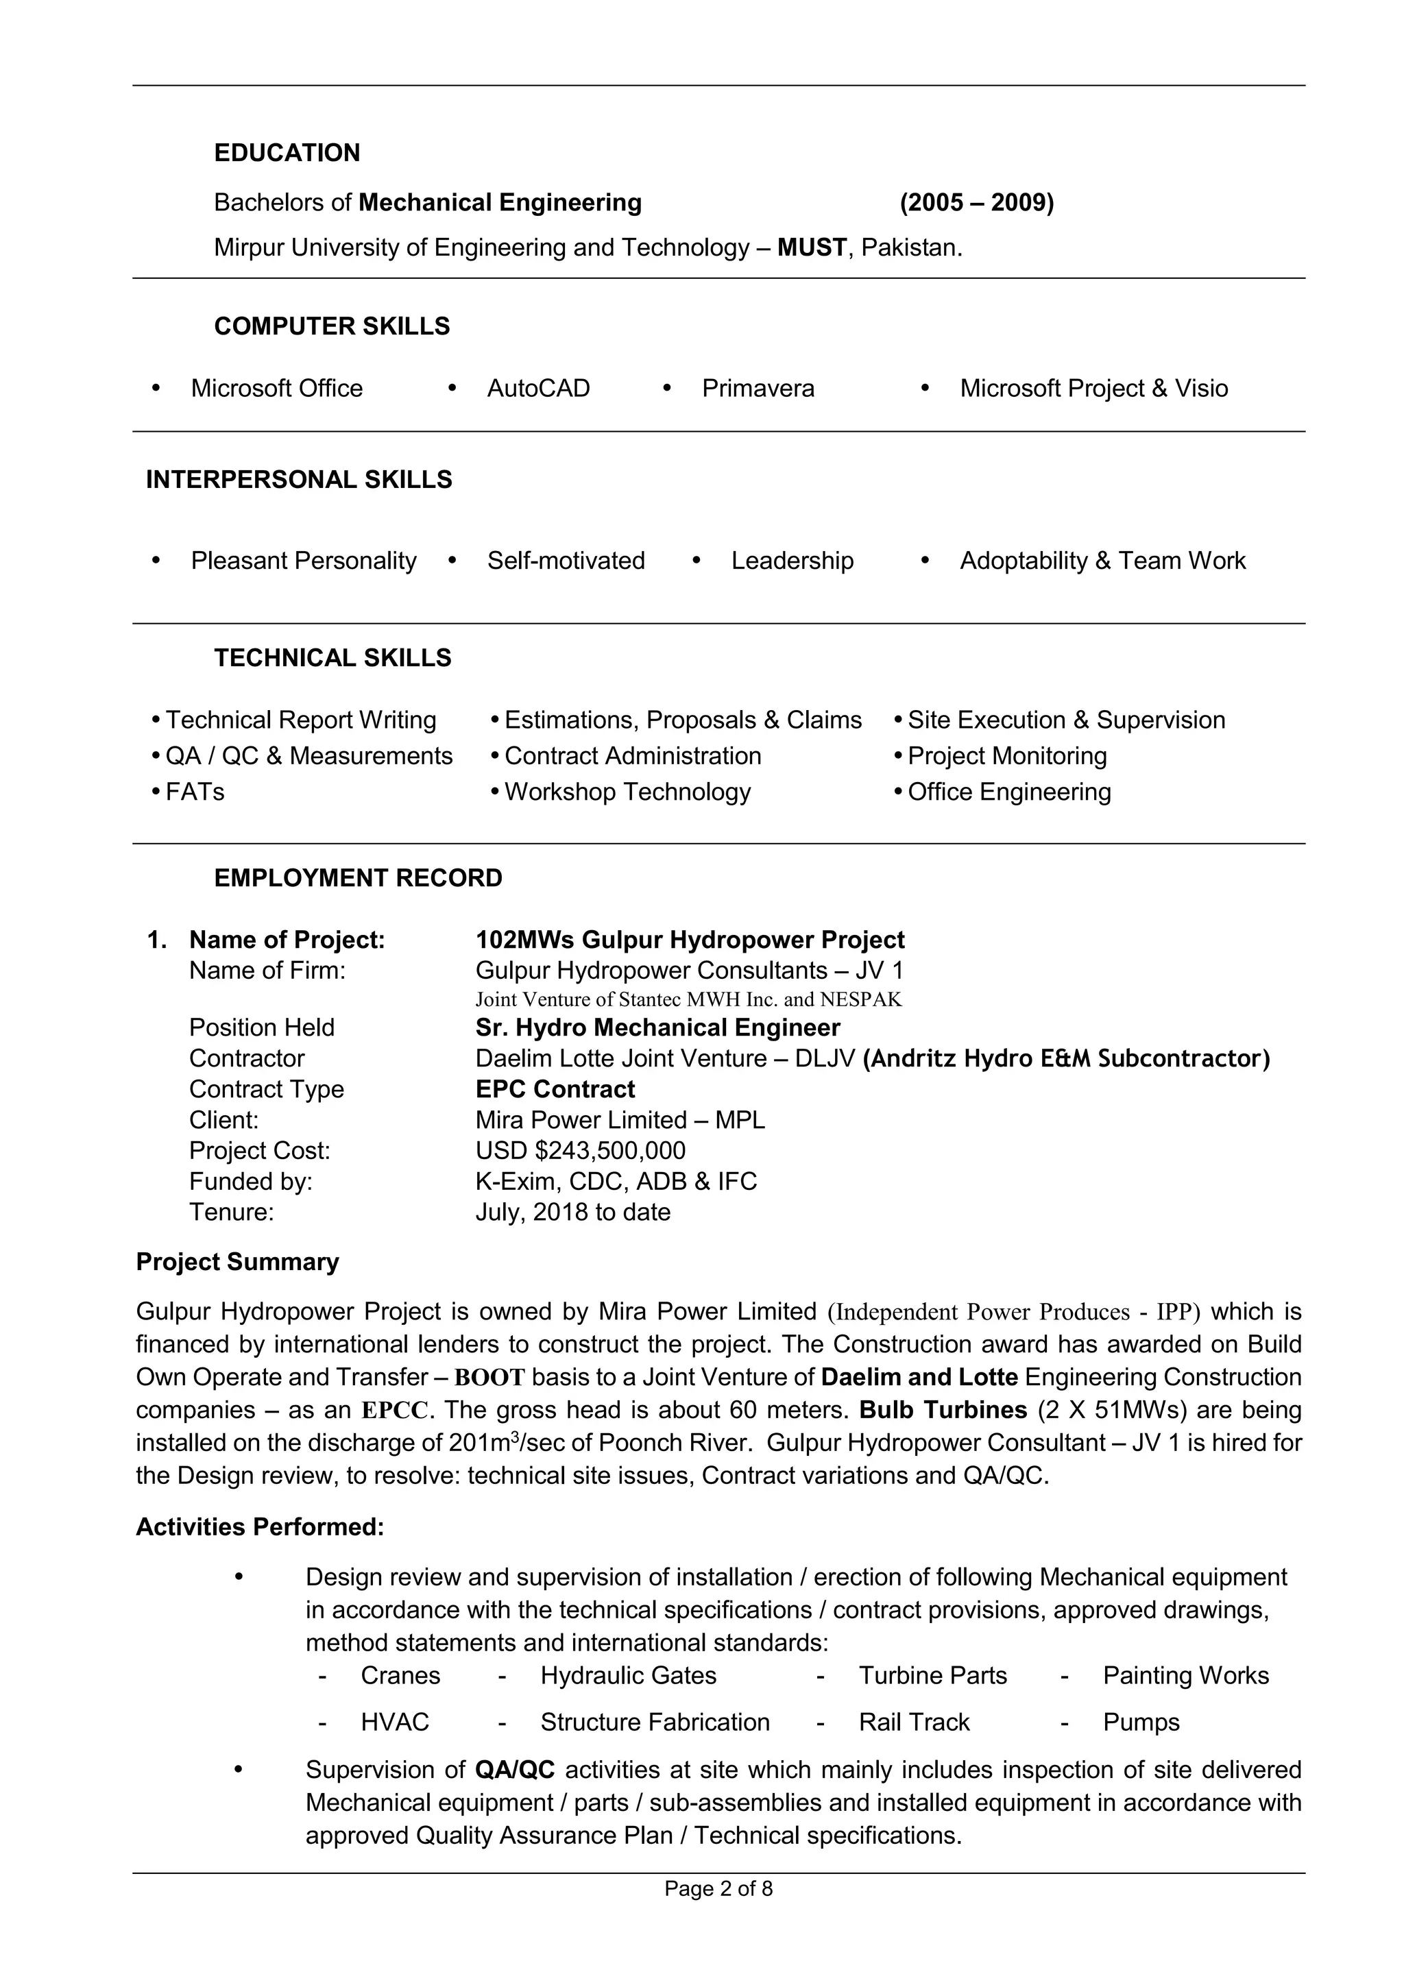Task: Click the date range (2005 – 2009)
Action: coord(976,203)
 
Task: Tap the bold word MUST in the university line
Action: coord(811,248)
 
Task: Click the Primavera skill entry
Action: coord(758,388)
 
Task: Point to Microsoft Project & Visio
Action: coord(1093,388)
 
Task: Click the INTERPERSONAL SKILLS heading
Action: coord(298,480)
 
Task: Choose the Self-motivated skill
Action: coord(566,561)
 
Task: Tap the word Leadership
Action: coord(792,561)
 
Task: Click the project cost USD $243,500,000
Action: coord(580,1151)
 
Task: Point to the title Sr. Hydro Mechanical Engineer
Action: coord(657,1028)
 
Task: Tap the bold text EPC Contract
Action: coord(555,1089)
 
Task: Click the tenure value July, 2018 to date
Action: coord(572,1212)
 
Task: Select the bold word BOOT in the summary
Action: coord(489,1377)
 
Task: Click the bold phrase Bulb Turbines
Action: coord(943,1410)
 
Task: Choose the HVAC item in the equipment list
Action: coord(394,1722)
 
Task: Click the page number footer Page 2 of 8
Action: coord(718,1889)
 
